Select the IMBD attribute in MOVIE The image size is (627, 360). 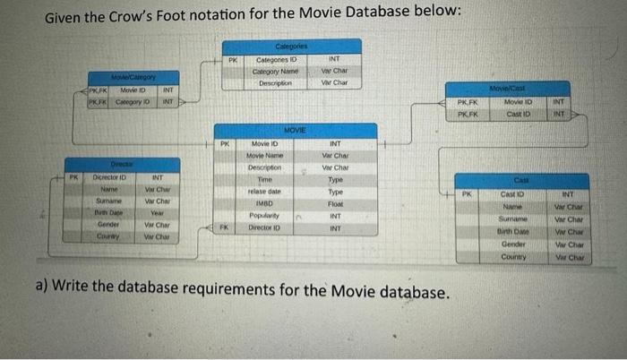click(x=265, y=203)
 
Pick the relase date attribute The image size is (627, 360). click(x=265, y=192)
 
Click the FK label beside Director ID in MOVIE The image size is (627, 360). click(x=224, y=228)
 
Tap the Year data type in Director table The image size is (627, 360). click(x=156, y=213)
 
